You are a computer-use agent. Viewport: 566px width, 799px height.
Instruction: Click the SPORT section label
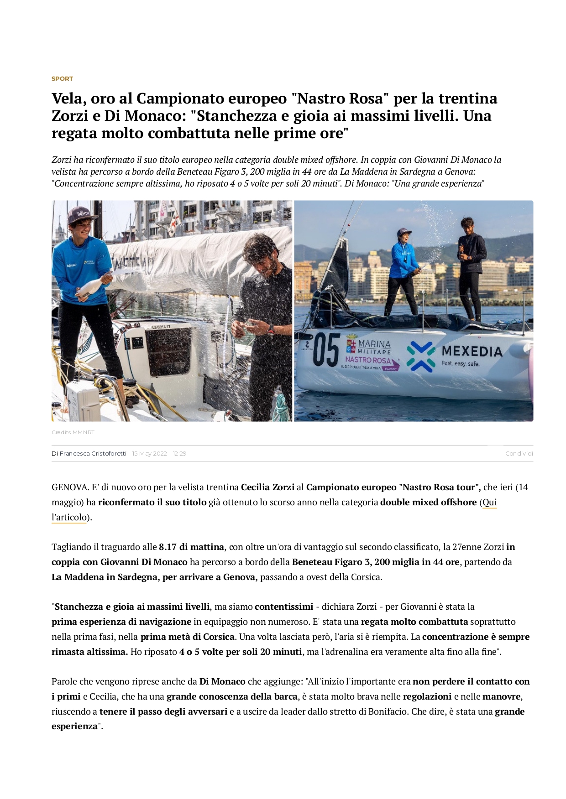point(62,78)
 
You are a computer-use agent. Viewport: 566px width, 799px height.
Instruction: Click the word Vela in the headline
point(68,99)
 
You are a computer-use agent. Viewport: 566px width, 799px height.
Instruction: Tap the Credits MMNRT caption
point(73,432)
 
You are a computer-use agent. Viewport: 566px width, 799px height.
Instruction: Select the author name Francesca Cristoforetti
point(93,453)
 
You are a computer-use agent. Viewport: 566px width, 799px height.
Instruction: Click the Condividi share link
point(519,453)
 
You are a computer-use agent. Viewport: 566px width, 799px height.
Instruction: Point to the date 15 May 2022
point(150,453)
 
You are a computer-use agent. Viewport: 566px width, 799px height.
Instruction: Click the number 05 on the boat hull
point(326,350)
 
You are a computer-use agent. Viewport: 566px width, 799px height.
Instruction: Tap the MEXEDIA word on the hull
point(472,351)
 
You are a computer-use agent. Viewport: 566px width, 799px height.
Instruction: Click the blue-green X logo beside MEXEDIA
point(420,356)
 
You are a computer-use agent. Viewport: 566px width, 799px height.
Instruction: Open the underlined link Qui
point(489,502)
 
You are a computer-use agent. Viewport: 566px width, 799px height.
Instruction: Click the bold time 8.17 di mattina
point(191,547)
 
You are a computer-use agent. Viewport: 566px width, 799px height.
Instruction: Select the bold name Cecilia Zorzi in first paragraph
point(267,487)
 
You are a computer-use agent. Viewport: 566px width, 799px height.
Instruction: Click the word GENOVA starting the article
point(70,487)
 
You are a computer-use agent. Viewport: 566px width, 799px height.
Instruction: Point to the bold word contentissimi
point(284,607)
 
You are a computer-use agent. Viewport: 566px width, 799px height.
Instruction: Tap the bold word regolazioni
point(427,696)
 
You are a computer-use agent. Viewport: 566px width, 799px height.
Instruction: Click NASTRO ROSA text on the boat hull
point(368,360)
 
